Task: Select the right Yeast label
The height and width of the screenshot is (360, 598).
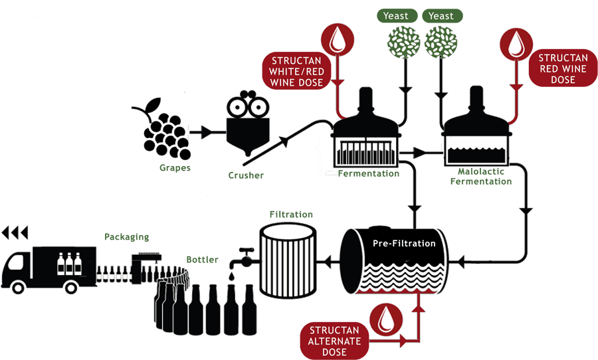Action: [441, 16]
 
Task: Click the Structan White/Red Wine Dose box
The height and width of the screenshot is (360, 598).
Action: [296, 70]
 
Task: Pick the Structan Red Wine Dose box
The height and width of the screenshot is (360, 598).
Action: [562, 68]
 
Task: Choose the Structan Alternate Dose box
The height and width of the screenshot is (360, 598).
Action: [334, 340]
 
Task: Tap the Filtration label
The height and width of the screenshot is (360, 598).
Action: [291, 215]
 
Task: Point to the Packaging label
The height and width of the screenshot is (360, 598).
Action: [126, 236]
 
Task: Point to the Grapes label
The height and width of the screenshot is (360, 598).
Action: [175, 168]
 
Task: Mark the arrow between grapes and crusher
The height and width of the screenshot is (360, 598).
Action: [205, 133]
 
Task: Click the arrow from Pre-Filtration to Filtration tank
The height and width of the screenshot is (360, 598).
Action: [328, 261]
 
